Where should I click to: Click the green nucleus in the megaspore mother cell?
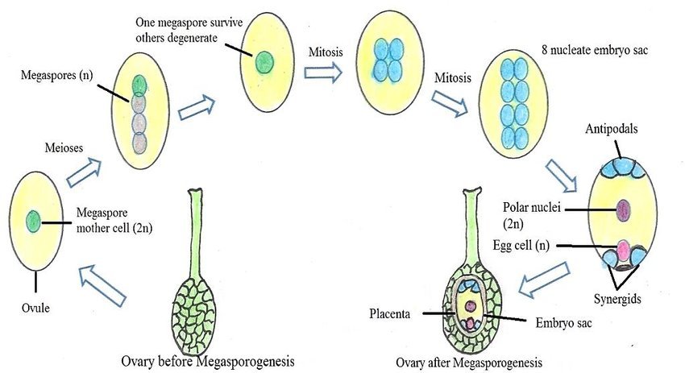click(33, 219)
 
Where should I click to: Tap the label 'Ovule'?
click(35, 307)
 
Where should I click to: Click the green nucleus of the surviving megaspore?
click(264, 61)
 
